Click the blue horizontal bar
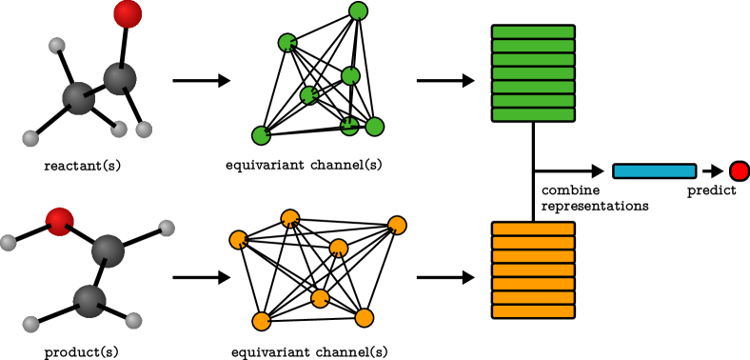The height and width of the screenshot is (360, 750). point(654,171)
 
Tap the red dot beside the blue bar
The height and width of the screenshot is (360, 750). point(740,171)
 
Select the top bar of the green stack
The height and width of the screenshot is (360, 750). point(533,32)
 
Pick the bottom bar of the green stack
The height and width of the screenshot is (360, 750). point(533,114)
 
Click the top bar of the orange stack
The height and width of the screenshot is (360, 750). point(533,230)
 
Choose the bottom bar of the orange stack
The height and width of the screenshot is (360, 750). point(533,311)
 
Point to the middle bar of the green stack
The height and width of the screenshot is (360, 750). point(533,73)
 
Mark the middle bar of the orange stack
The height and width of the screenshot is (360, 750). point(533,270)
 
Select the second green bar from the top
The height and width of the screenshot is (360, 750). point(533,46)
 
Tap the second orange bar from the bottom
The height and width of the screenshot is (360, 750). point(533,298)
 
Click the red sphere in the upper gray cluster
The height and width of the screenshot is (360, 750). point(128,14)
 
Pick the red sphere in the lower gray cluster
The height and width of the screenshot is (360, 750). point(59,222)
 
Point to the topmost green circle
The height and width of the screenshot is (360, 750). point(358,11)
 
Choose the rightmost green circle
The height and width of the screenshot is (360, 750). point(375,127)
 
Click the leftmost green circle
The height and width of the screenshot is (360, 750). point(261,135)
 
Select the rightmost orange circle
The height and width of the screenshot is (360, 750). point(397,226)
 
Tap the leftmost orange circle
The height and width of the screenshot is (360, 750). point(238,240)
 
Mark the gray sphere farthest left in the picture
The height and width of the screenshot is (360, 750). point(8,243)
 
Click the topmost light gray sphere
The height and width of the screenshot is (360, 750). point(57,46)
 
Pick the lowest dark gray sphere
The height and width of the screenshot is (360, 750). point(89,301)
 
